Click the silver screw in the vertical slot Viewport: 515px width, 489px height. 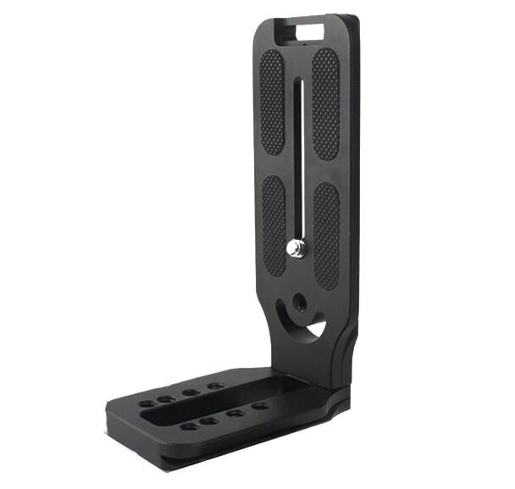tap(297, 247)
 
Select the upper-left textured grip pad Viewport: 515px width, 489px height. tap(272, 102)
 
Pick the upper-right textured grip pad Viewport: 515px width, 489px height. tap(325, 102)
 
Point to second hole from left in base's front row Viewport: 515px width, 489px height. tap(209, 420)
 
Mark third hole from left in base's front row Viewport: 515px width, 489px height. tap(235, 414)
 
